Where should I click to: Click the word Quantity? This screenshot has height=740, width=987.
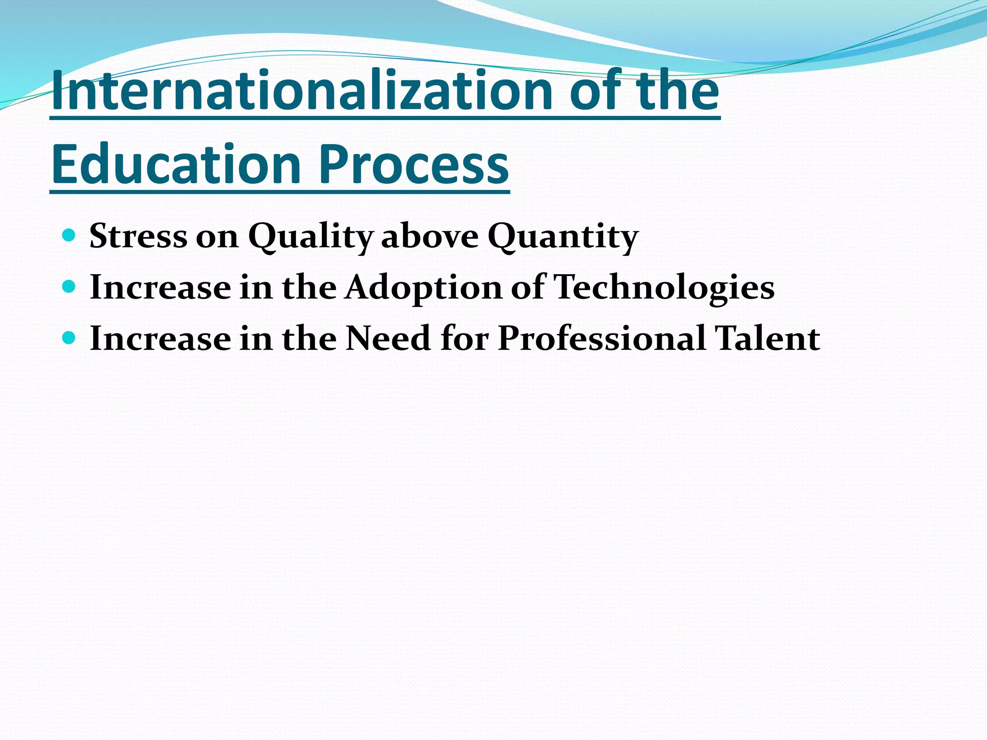click(563, 237)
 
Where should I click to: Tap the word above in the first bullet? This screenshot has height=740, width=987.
click(430, 236)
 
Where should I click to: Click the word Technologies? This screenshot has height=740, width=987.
click(664, 288)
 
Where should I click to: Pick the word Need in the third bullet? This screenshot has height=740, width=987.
click(388, 338)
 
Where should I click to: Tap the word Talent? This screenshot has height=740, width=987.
click(767, 338)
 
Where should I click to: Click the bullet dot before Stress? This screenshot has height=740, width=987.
click(69, 235)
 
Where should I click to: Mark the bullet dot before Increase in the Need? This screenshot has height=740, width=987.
click(69, 338)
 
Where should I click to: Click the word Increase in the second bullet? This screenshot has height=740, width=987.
click(160, 288)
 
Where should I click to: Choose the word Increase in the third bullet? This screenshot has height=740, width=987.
click(160, 338)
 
